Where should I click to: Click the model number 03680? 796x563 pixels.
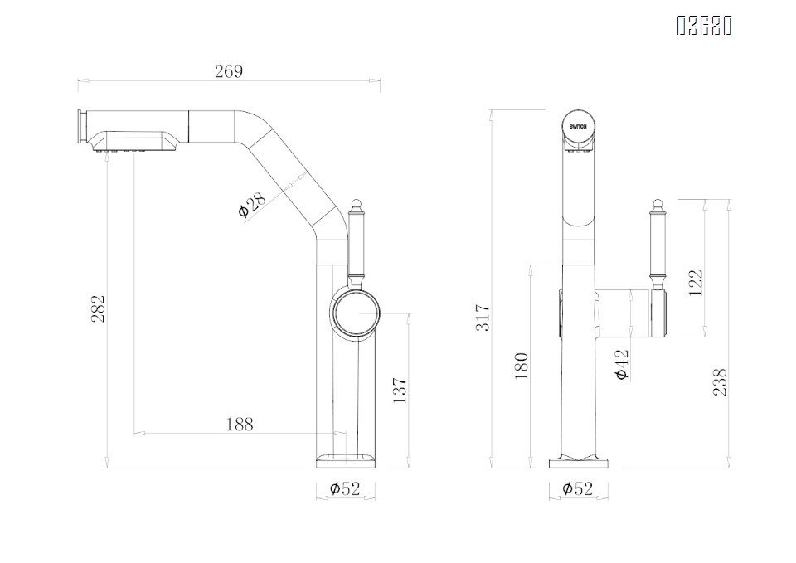[704, 27]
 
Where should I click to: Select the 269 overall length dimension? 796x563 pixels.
[229, 71]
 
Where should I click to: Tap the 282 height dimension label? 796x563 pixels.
[99, 308]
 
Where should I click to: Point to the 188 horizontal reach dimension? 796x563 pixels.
[239, 425]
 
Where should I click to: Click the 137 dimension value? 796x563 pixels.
[400, 391]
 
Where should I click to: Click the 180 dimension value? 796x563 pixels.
[522, 366]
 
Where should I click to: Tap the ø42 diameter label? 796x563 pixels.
[623, 364]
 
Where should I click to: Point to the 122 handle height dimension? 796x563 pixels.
[696, 282]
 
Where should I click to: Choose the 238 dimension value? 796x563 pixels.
[721, 382]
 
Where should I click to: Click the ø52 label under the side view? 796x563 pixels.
[345, 489]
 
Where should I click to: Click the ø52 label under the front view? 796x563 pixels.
[577, 489]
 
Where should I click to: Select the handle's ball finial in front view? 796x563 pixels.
[658, 204]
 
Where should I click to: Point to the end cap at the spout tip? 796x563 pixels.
[82, 129]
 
